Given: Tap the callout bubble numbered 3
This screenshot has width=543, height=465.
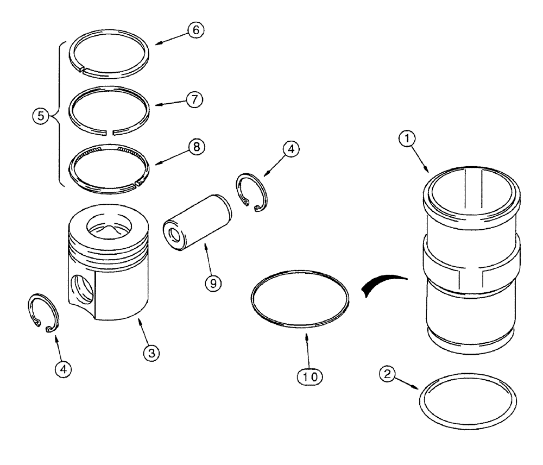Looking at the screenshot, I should [x=151, y=353].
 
